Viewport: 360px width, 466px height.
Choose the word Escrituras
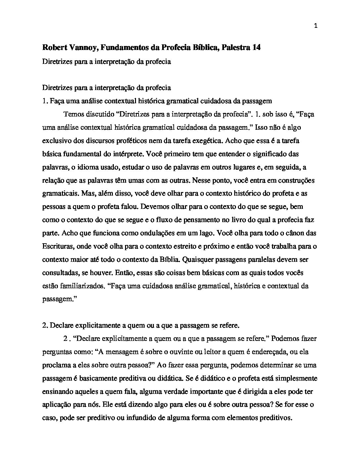57,247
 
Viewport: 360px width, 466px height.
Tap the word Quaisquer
198,260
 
